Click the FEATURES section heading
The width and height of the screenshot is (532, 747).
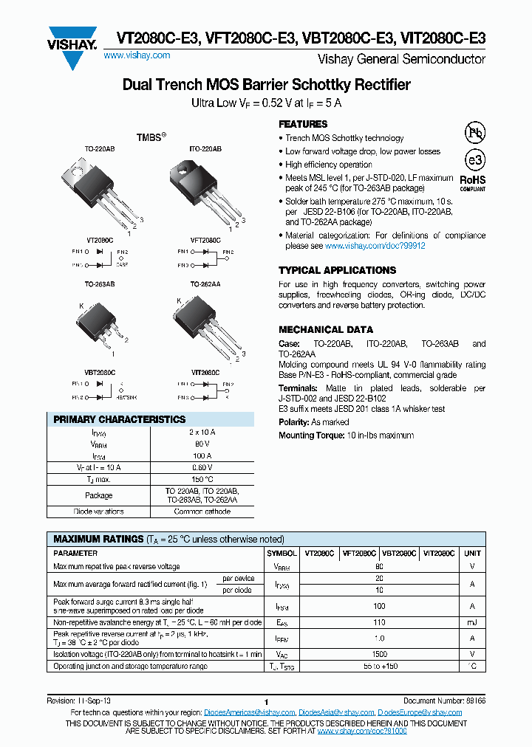(x=303, y=124)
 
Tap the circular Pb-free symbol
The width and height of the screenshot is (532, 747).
(x=473, y=132)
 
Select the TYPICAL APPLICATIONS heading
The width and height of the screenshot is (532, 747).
(x=337, y=270)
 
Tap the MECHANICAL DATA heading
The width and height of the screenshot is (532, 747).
(x=326, y=330)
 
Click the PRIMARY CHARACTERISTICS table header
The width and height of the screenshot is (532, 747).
(x=120, y=419)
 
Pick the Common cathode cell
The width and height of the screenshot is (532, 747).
(x=202, y=512)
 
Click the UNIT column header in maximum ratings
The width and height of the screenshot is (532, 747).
(x=472, y=553)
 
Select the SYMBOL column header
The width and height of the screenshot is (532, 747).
(x=282, y=553)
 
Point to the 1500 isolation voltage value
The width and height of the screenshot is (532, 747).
(x=379, y=655)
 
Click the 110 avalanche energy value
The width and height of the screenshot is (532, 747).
(x=379, y=623)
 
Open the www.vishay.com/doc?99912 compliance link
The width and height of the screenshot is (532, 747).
(x=375, y=246)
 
